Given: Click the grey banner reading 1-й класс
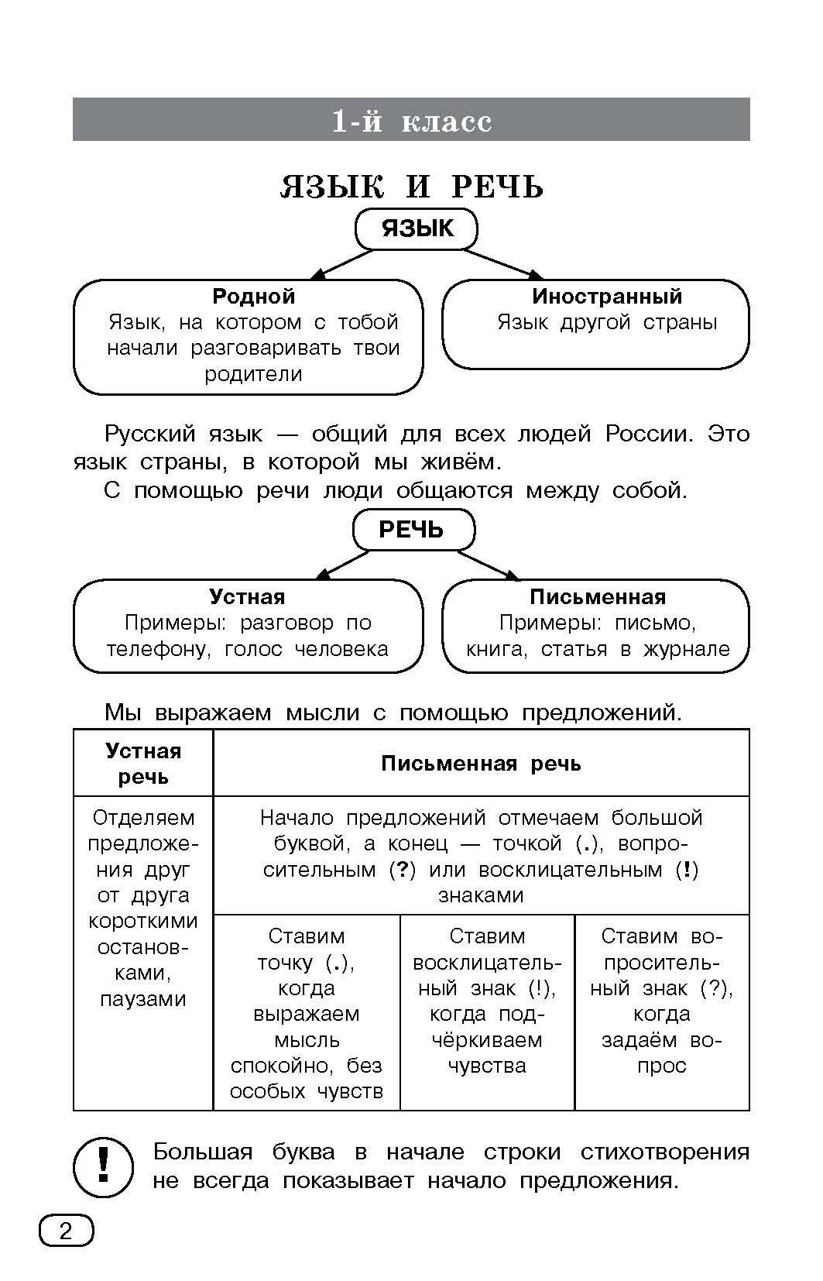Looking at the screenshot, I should pyautogui.click(x=411, y=120).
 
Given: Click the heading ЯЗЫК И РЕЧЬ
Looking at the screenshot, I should pyautogui.click(x=411, y=187).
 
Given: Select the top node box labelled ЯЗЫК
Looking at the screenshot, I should pyautogui.click(x=417, y=229).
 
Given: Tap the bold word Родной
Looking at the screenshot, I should pyautogui.click(x=253, y=296).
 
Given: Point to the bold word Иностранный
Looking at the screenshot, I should pyautogui.click(x=607, y=296).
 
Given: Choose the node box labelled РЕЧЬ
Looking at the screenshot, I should pyautogui.click(x=413, y=530).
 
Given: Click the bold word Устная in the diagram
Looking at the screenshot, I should pyautogui.click(x=247, y=597).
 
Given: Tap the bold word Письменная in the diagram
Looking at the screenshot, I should pyautogui.click(x=598, y=597).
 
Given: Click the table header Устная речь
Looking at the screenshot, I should pyautogui.click(x=143, y=764).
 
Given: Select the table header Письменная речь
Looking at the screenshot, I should pyautogui.click(x=481, y=764).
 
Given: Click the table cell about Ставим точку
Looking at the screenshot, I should pyautogui.click(x=307, y=1013).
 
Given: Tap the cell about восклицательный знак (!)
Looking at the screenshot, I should pyautogui.click(x=487, y=1001).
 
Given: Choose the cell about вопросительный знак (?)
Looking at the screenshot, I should pyautogui.click(x=661, y=1001).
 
